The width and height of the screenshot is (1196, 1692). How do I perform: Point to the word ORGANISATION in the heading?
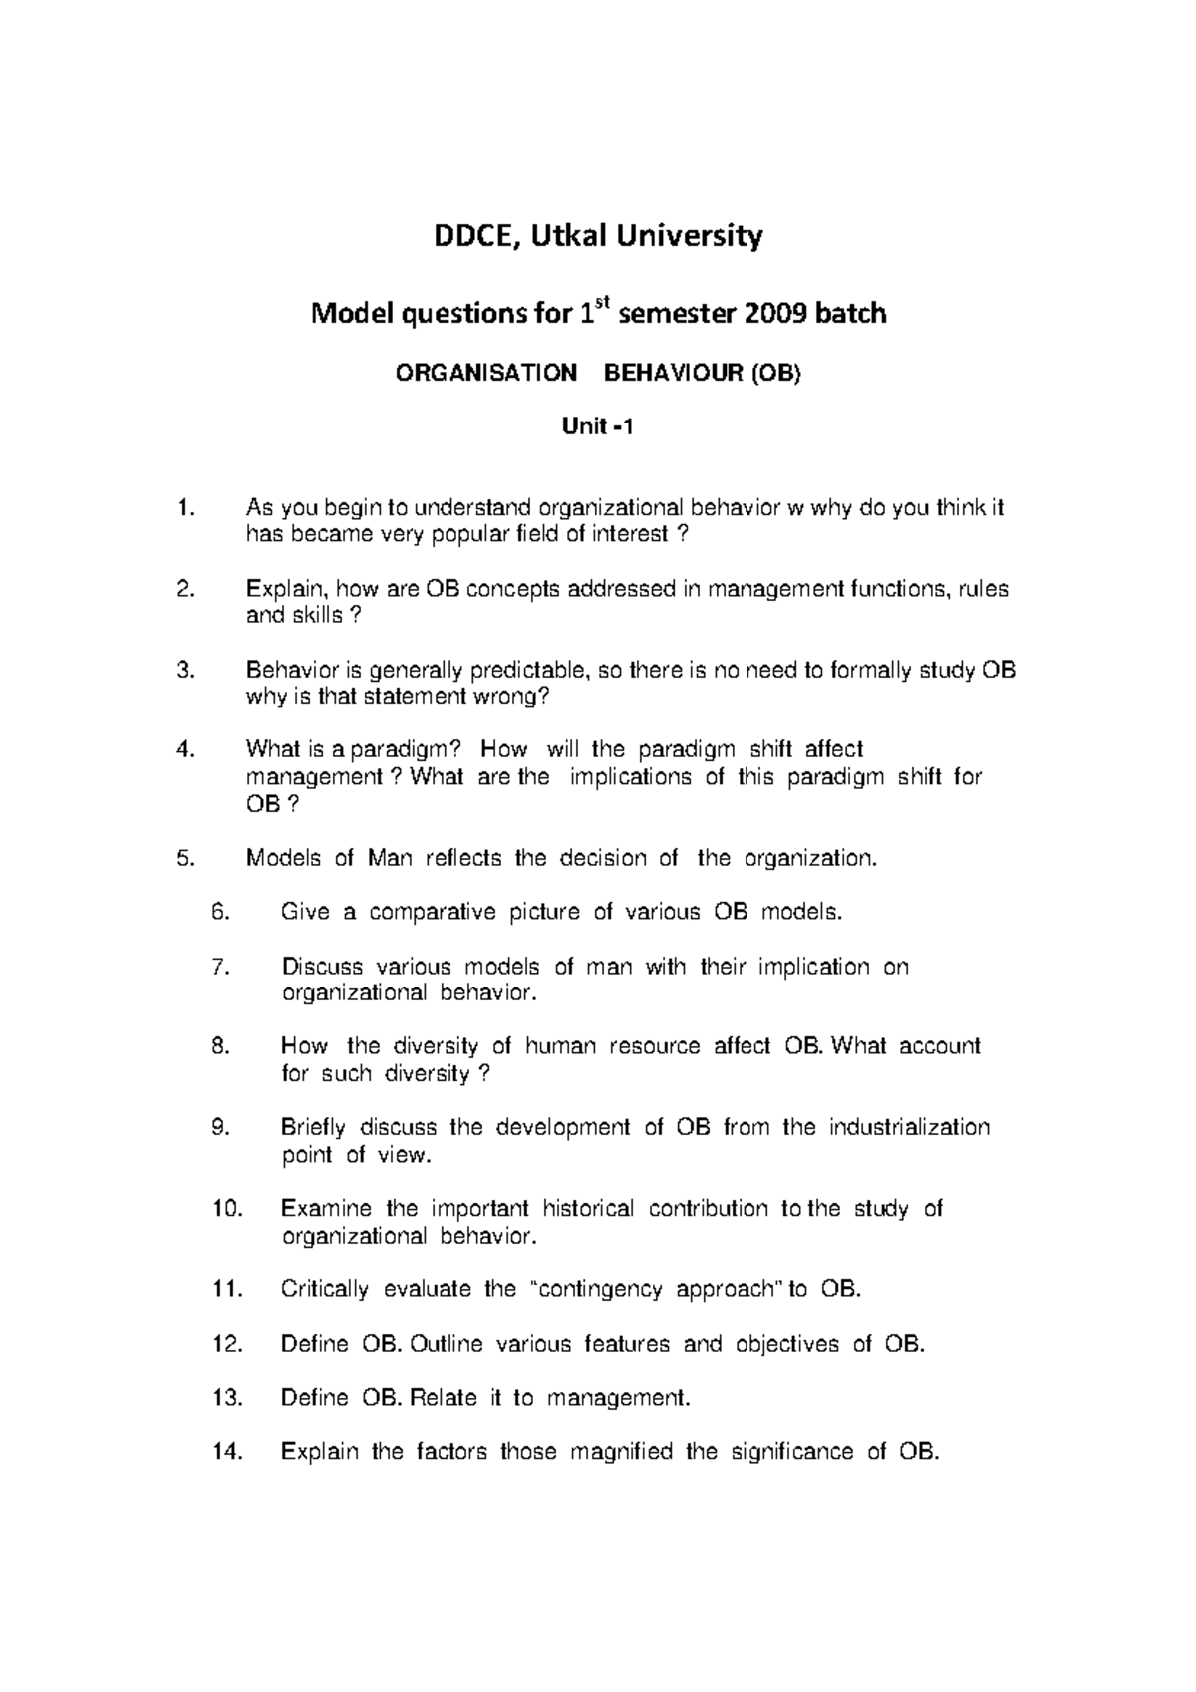click(x=486, y=374)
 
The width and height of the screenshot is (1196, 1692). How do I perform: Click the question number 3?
click(x=182, y=670)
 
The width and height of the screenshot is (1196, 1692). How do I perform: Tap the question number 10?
click(x=228, y=1209)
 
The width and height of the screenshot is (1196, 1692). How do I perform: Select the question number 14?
click(x=228, y=1452)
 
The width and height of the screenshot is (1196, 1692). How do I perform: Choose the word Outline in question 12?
click(x=446, y=1344)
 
